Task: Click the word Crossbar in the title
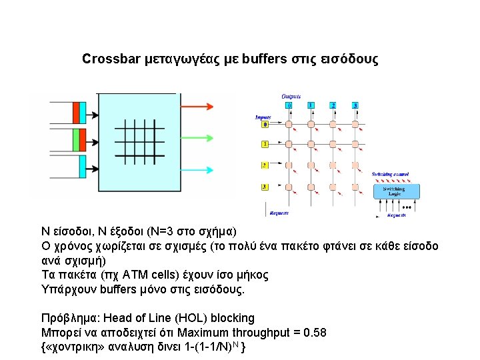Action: (x=111, y=59)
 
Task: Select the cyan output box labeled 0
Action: (x=289, y=105)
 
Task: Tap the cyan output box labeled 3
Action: (x=355, y=105)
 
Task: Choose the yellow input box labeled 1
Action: (x=265, y=144)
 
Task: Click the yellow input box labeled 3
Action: (x=265, y=187)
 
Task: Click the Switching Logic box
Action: (x=393, y=191)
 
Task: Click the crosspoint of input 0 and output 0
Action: (x=289, y=124)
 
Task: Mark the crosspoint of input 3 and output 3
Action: (x=355, y=187)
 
